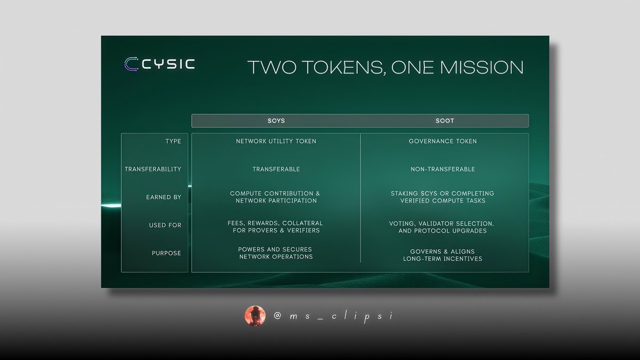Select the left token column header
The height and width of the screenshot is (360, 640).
tap(276, 121)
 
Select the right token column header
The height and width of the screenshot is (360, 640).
tap(445, 121)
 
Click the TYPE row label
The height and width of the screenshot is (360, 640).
tap(173, 141)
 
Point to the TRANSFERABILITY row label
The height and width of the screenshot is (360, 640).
tap(153, 169)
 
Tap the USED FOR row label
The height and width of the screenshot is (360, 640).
tap(165, 225)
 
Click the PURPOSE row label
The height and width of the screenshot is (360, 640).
tap(166, 253)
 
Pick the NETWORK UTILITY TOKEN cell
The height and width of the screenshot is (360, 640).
tap(276, 141)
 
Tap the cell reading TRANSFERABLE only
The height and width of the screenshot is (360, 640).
tap(276, 169)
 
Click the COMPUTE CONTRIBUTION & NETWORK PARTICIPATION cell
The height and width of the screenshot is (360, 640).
tap(276, 197)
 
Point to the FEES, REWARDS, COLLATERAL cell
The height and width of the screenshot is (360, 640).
tap(276, 226)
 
